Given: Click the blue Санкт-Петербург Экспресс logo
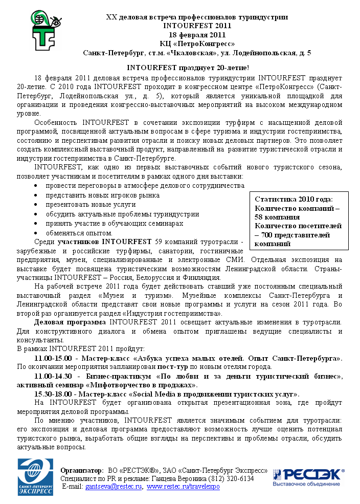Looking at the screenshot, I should click(x=35, y=477).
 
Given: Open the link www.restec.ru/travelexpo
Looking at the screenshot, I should click(x=183, y=487).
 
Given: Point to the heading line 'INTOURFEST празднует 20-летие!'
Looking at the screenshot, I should click(x=188, y=68).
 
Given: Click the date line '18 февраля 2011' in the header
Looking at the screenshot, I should click(x=197, y=35).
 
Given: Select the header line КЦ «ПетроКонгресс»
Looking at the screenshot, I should click(x=197, y=43).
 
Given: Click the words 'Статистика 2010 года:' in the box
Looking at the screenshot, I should click(x=294, y=199).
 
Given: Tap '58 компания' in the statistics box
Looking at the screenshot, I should click(x=276, y=217).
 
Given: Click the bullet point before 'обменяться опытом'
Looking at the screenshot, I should click(x=35, y=233).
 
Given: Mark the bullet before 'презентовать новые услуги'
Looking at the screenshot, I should click(x=35, y=205).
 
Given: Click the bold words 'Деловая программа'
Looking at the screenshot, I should click(x=70, y=322).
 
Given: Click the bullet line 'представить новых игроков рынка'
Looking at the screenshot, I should click(x=102, y=195).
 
